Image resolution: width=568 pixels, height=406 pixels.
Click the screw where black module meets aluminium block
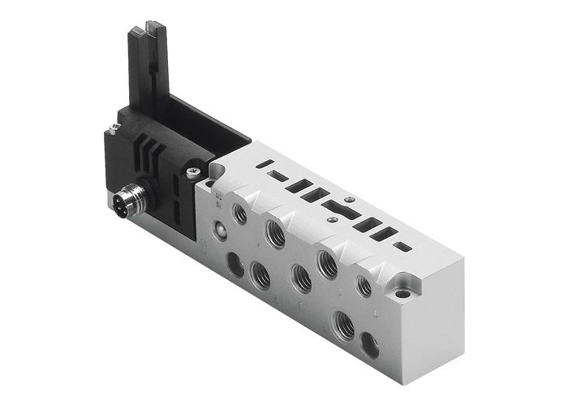[192, 171]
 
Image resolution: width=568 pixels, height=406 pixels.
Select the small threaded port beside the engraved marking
[240, 214]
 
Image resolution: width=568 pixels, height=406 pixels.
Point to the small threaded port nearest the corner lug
[364, 285]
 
